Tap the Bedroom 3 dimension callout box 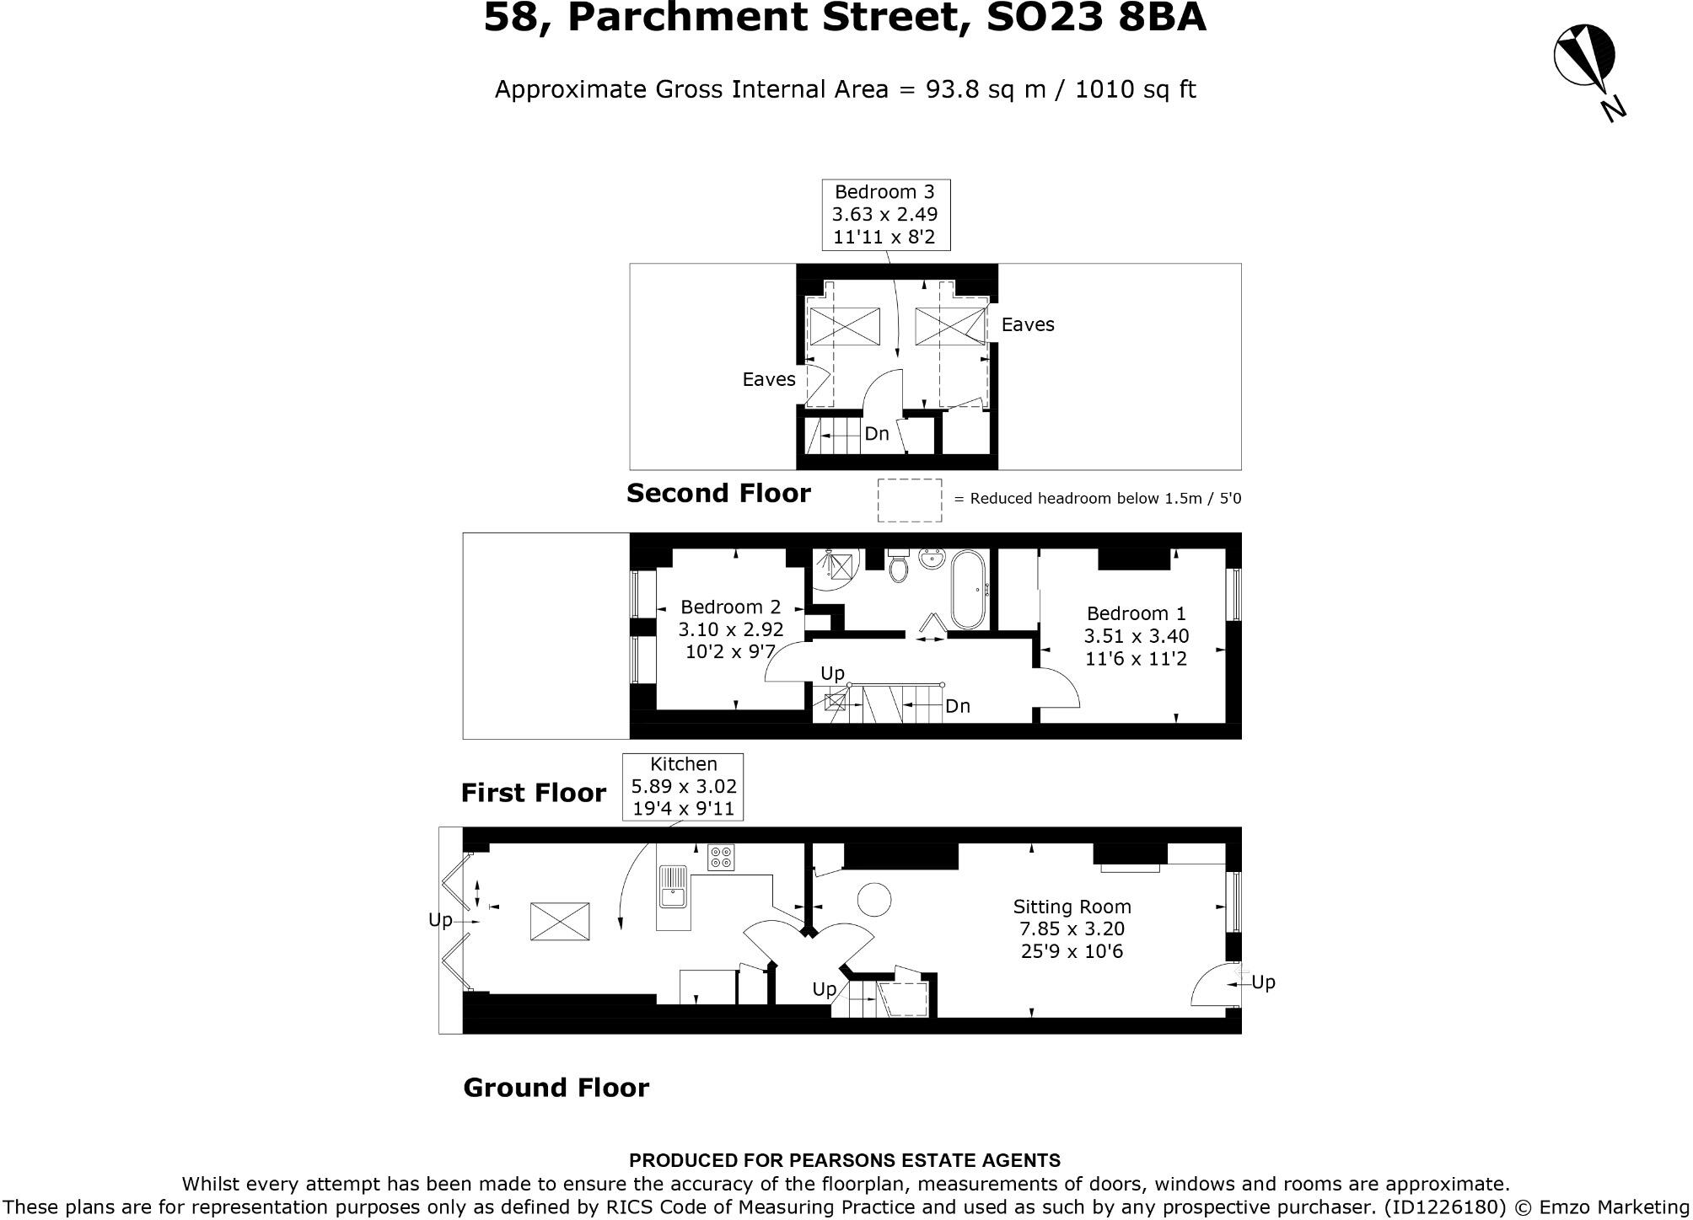pos(885,215)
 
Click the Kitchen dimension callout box pos(683,786)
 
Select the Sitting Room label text pos(1072,907)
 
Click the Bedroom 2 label pos(730,607)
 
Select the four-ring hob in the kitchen pos(721,858)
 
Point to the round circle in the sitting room pos(874,900)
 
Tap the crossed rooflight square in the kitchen pos(560,921)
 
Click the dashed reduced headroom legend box pos(910,500)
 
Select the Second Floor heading pos(718,493)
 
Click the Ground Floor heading pos(556,1088)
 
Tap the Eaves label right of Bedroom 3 pos(1027,325)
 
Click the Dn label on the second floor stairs pos(877,434)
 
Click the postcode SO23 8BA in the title pos(1096,19)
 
